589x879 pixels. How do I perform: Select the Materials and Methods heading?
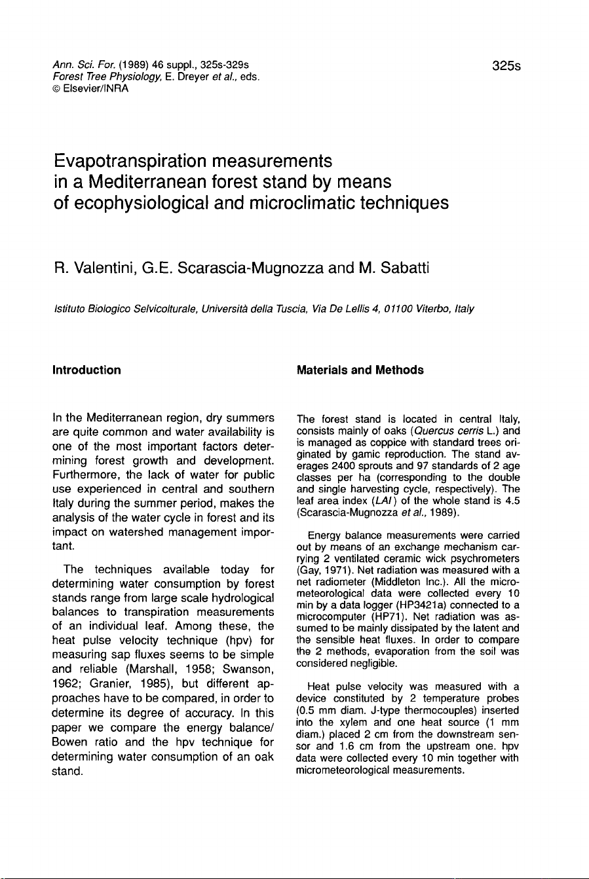click(x=360, y=370)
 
